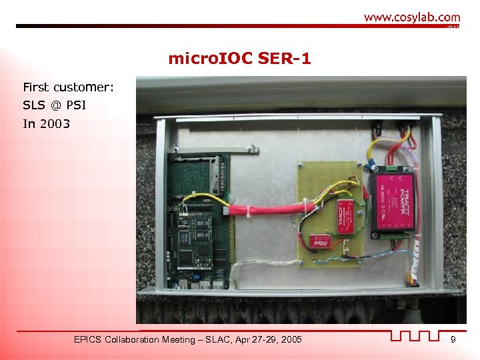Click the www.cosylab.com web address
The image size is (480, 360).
(411, 17)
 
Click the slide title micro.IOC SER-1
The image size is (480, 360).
(239, 59)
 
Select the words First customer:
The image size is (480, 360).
(68, 87)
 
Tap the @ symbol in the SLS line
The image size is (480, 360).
(56, 105)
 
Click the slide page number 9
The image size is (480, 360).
(453, 341)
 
